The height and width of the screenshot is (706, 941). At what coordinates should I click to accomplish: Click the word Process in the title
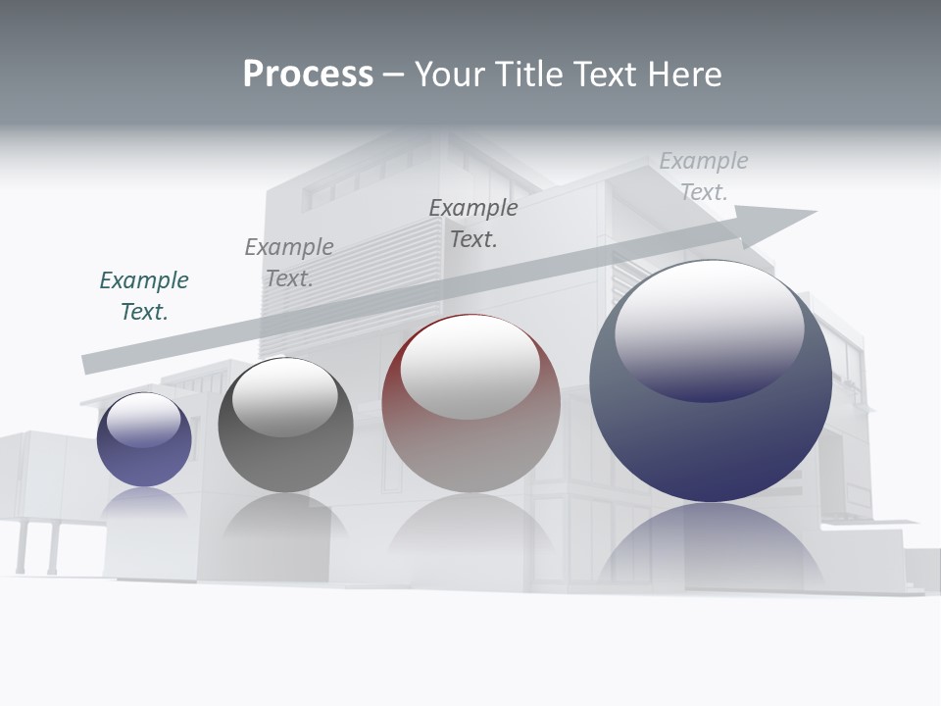coord(308,75)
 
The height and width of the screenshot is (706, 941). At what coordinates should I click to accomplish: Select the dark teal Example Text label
coord(144,296)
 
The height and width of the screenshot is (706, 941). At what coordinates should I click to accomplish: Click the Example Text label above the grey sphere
coord(289,263)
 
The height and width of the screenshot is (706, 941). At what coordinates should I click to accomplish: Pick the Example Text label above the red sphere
coord(473,224)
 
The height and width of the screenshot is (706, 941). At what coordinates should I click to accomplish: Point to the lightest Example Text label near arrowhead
coord(703,176)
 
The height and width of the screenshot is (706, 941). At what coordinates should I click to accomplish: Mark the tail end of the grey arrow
coord(86,364)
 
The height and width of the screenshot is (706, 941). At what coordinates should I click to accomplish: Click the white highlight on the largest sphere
coord(709,328)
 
